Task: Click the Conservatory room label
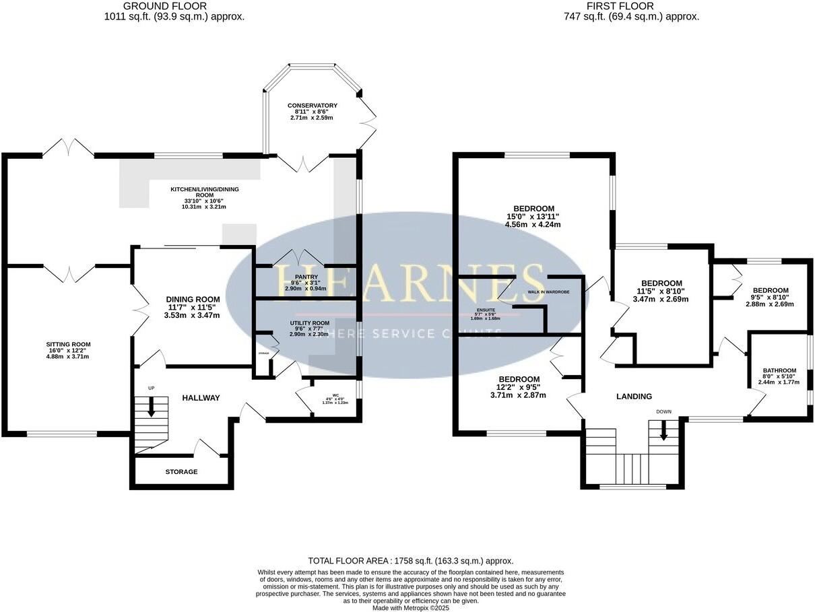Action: (x=312, y=106)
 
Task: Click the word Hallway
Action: (x=201, y=398)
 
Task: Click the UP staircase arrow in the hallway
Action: (x=150, y=405)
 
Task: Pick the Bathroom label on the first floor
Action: (x=779, y=370)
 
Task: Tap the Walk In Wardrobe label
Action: (x=548, y=292)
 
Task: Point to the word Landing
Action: (x=634, y=397)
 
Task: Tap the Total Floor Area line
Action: (x=410, y=560)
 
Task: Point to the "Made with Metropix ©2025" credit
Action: (x=410, y=607)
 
